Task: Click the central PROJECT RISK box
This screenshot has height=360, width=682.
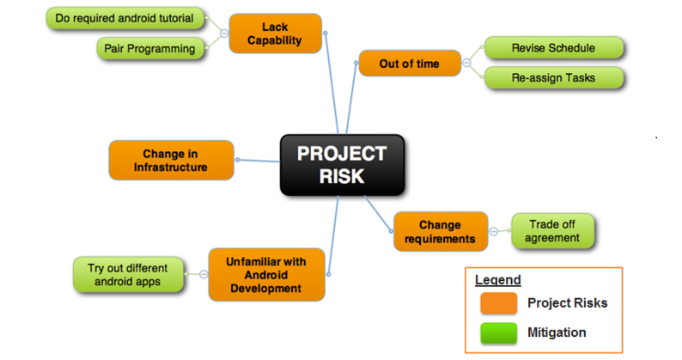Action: (343, 165)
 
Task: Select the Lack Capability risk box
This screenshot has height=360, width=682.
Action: (276, 34)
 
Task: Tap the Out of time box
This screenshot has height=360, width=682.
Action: (410, 64)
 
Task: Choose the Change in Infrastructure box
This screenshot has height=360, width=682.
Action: (171, 160)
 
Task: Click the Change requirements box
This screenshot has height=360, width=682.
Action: (441, 232)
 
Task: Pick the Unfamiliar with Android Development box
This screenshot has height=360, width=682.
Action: (266, 275)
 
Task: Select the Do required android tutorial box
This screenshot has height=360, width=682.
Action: (125, 18)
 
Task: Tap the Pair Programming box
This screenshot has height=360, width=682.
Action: (150, 48)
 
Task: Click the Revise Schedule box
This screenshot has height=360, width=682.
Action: (554, 48)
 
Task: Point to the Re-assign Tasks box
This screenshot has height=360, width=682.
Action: (554, 78)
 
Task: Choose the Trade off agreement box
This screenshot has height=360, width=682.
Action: (552, 231)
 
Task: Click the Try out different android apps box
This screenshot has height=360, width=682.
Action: (128, 275)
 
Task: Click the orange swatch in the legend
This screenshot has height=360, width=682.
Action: (498, 303)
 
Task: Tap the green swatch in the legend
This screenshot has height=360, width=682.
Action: (498, 333)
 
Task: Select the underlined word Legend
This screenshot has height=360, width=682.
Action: (498, 280)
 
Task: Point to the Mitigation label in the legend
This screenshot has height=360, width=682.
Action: (557, 333)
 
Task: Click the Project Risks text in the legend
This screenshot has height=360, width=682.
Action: (567, 303)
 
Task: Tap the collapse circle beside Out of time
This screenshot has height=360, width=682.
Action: (466, 63)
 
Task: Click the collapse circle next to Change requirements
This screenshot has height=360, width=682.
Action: (494, 232)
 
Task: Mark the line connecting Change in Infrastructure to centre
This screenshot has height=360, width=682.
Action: (259, 161)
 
